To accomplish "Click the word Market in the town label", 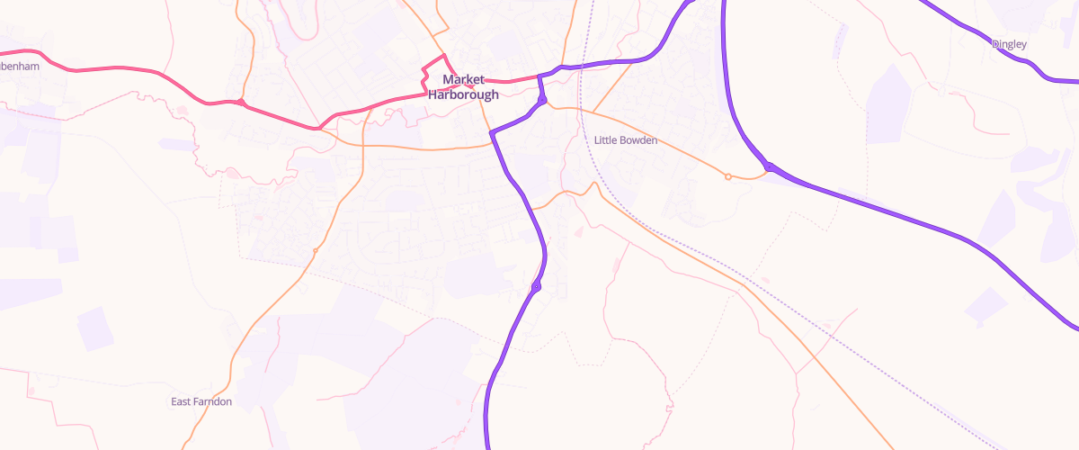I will coord(464,80).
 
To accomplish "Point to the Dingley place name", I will coord(1009,44).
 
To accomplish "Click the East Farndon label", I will coord(201,401).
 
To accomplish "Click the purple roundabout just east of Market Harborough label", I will coord(543,100).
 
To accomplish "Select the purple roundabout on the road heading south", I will coord(536,287).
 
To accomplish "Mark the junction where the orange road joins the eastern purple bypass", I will coord(770,166).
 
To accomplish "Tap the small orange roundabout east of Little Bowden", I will coord(727,176).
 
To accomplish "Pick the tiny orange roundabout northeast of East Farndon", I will coord(315,250).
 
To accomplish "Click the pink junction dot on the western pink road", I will coord(241,103).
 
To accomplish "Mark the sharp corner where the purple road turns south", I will coord(492,134).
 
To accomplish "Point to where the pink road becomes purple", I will coord(538,76).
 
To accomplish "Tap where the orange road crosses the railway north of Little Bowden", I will coord(583,112).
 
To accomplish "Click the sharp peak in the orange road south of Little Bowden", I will coord(593,184).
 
